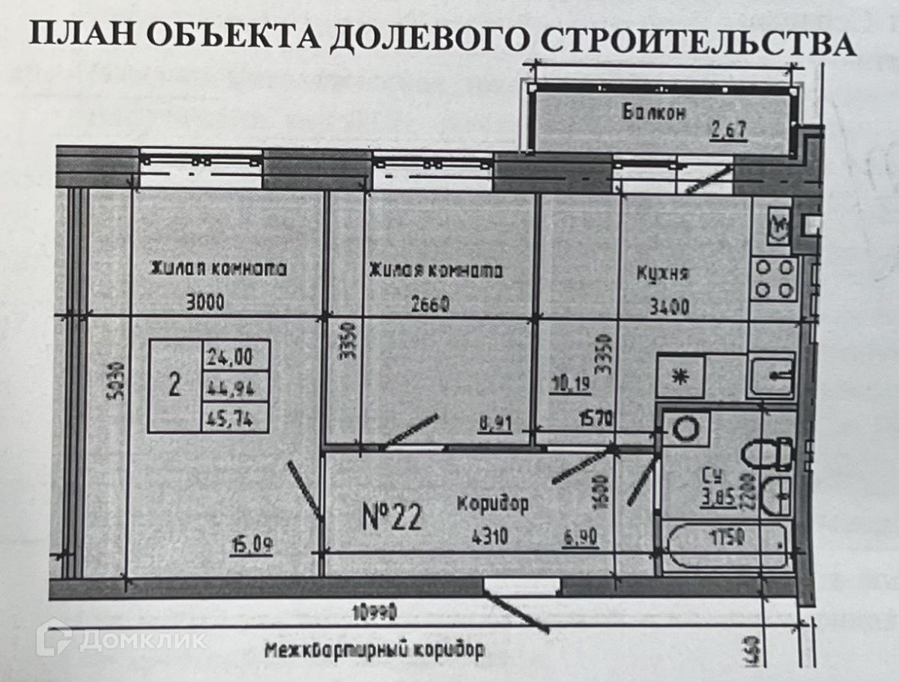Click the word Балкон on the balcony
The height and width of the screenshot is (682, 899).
click(x=654, y=112)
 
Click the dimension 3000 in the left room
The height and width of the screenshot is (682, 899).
click(x=205, y=303)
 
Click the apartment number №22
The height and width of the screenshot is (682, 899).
click(x=393, y=517)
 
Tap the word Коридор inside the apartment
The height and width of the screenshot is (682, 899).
click(x=493, y=504)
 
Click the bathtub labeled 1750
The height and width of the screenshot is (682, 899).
click(x=727, y=538)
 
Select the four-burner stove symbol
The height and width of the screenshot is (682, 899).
click(x=774, y=278)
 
